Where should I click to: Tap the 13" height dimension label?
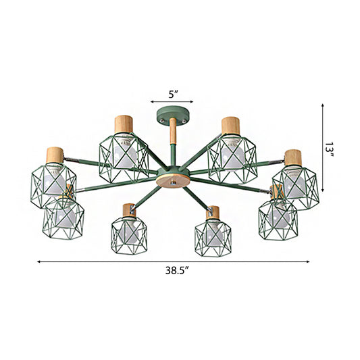tap(329, 149)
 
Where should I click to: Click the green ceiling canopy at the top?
tap(172, 115)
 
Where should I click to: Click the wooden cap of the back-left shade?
tap(125, 124)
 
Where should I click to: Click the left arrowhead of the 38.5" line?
tap(38, 261)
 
